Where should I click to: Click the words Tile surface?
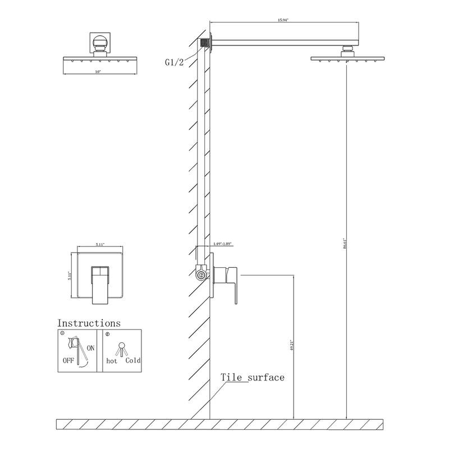click(252, 377)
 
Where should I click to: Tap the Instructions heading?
click(89, 323)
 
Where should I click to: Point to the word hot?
click(113, 361)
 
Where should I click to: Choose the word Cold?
click(133, 361)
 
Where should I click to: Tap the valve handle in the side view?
click(230, 278)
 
